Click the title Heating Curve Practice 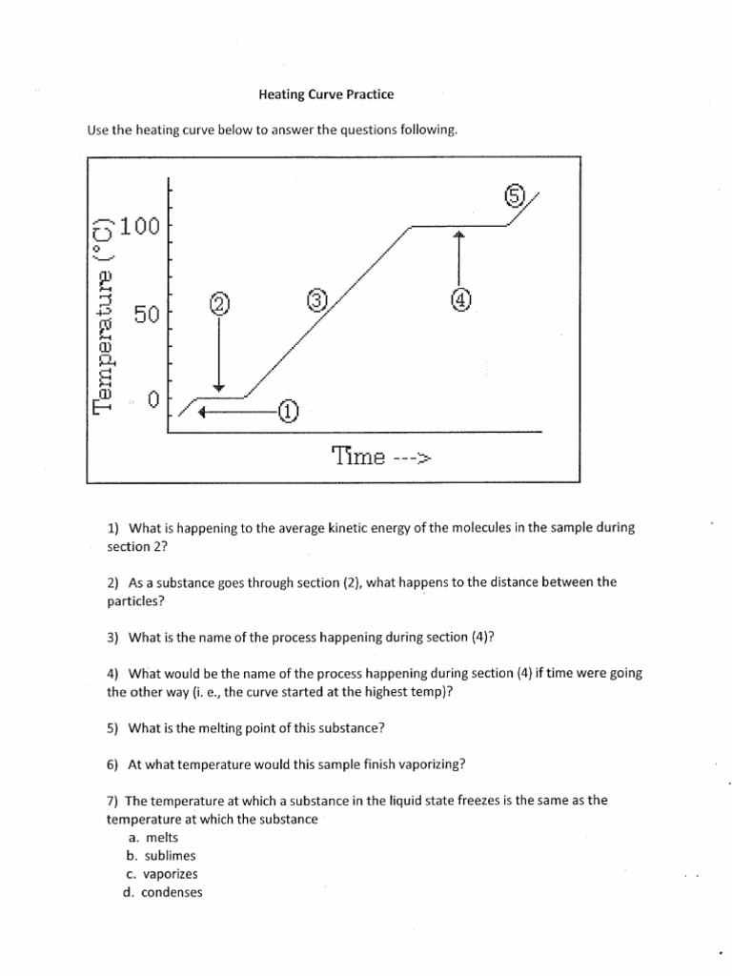pos(326,94)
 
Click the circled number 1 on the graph pos(288,413)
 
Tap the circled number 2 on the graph pos(219,305)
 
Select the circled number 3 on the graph pos(317,300)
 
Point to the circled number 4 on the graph pos(459,300)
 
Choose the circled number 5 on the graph pos(515,196)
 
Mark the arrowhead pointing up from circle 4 pos(459,234)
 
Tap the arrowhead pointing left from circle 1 pos(202,413)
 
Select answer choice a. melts pos(156,837)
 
